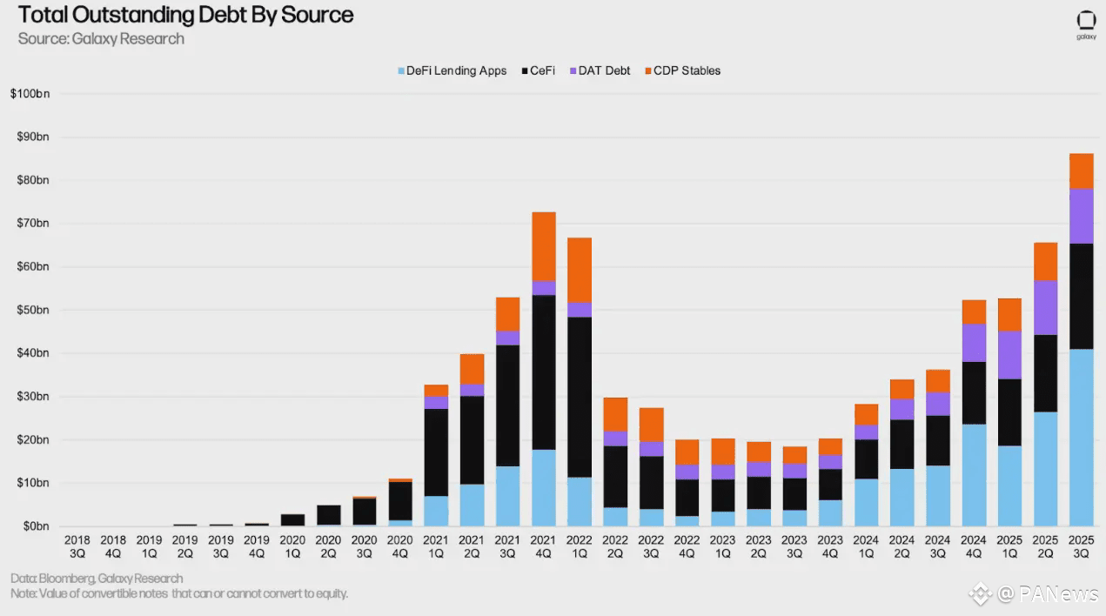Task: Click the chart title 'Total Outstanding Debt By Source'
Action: tap(185, 15)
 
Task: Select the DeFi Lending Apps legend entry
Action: tap(451, 70)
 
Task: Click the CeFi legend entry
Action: tap(537, 70)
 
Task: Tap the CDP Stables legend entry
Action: tap(682, 70)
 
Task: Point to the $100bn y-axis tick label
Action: tap(30, 93)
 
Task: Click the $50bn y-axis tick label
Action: tap(32, 310)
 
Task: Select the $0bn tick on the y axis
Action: tap(35, 526)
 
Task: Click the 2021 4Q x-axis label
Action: tap(543, 546)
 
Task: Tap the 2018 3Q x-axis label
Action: tap(77, 546)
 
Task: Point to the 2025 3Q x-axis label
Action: tap(1080, 546)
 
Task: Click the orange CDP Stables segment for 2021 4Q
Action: tap(543, 246)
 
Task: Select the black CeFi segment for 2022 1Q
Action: tap(579, 397)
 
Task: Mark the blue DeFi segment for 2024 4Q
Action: tap(973, 475)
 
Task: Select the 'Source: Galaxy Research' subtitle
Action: tap(101, 38)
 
